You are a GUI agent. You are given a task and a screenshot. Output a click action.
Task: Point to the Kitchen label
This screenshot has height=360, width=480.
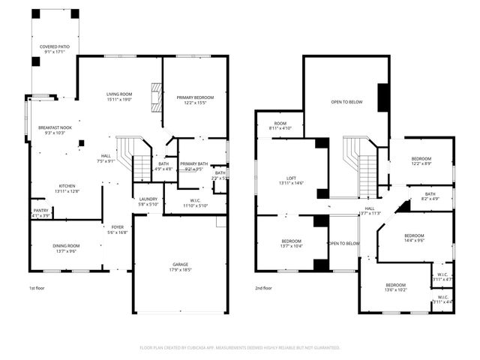click(68, 188)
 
